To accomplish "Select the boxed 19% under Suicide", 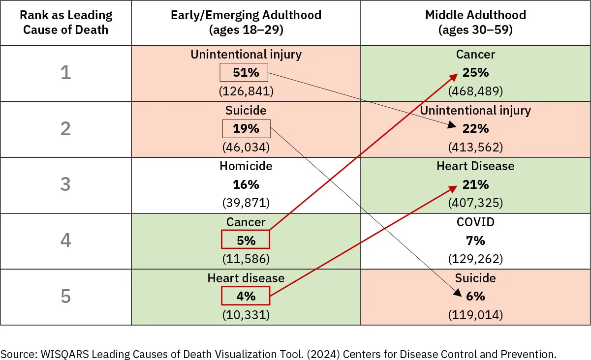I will pyautogui.click(x=246, y=129).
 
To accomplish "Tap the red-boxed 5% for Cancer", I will pyautogui.click(x=246, y=240).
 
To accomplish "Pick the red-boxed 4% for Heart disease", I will pyautogui.click(x=246, y=297).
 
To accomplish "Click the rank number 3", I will pyautogui.click(x=65, y=185).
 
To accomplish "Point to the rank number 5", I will pyautogui.click(x=65, y=297).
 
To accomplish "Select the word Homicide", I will pyautogui.click(x=246, y=166).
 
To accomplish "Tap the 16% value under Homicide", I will pyautogui.click(x=246, y=185).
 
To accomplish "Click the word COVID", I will pyautogui.click(x=475, y=222).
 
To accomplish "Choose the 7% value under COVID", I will pyautogui.click(x=475, y=240).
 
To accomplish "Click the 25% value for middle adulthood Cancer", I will pyautogui.click(x=475, y=73).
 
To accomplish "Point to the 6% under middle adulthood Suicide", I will pyautogui.click(x=475, y=297).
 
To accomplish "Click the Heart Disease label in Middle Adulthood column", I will pyautogui.click(x=475, y=166).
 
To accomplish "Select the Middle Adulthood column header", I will pyautogui.click(x=475, y=22).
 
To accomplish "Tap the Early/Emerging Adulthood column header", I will pyautogui.click(x=246, y=22).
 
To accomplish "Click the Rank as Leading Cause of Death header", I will pyautogui.click(x=65, y=22).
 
